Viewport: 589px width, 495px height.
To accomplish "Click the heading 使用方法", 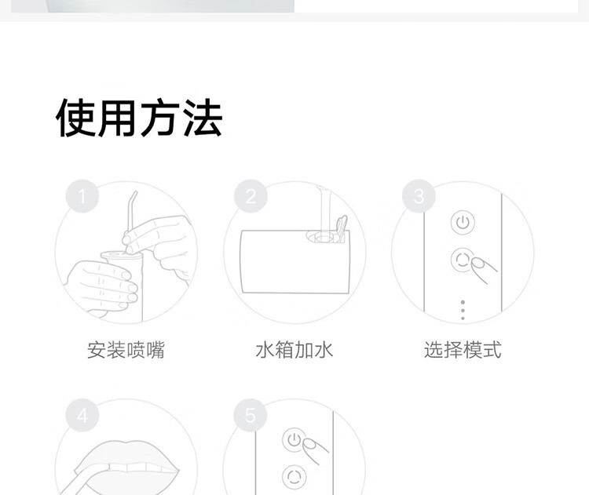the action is (139, 118).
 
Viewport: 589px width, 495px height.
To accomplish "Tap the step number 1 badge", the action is (82, 196).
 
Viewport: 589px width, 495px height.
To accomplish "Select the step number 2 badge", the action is (251, 196).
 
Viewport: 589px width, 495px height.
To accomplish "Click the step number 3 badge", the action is (419, 196).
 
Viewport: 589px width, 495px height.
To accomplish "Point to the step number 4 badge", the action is (82, 416).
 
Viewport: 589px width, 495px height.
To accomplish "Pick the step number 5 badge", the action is (251, 416).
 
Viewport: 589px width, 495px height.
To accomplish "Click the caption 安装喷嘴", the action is (126, 350).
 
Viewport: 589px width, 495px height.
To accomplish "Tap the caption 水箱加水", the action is (294, 350).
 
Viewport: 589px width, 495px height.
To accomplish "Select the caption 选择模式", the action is (463, 350).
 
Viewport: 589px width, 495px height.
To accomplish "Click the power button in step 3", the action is (463, 223).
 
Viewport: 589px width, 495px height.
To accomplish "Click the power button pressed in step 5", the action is (294, 439).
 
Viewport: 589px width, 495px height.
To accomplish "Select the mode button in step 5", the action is (294, 477).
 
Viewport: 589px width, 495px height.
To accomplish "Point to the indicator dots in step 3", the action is (463, 311).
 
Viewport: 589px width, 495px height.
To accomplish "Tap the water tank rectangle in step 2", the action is (294, 261).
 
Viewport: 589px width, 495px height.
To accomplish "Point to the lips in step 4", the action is (127, 468).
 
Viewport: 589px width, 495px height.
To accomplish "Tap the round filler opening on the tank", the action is (321, 237).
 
